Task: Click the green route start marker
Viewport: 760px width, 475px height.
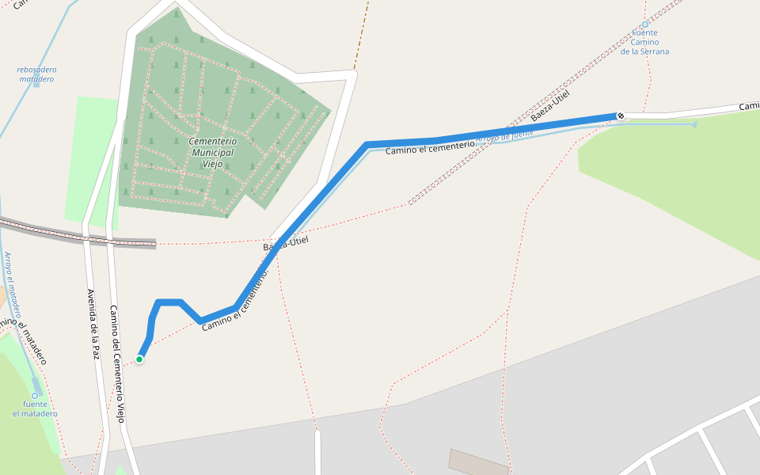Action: tap(139, 359)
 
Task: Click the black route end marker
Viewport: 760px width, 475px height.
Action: tap(621, 116)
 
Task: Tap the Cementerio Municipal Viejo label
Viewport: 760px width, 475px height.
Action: tap(211, 152)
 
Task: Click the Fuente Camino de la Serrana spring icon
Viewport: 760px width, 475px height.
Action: tap(644, 25)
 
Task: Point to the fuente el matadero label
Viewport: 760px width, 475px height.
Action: tap(35, 408)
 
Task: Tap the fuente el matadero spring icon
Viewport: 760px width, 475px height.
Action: tap(35, 395)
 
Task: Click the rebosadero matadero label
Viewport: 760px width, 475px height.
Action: tap(36, 74)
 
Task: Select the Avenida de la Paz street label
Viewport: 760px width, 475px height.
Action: tap(93, 325)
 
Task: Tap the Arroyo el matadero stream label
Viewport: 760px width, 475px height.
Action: tap(12, 285)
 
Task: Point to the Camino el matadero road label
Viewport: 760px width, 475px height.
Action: tap(24, 340)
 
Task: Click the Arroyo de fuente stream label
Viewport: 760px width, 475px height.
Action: tap(504, 137)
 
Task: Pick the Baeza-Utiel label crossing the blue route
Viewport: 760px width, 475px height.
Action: tap(285, 244)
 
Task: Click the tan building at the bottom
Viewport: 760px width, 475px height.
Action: tap(479, 463)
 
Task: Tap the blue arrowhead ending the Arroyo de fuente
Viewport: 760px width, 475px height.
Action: tap(693, 124)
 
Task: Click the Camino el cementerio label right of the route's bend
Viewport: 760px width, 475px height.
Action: tap(430, 146)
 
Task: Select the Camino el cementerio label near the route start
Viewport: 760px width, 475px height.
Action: tap(235, 300)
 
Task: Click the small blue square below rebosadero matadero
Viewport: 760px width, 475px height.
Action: tap(36, 85)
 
